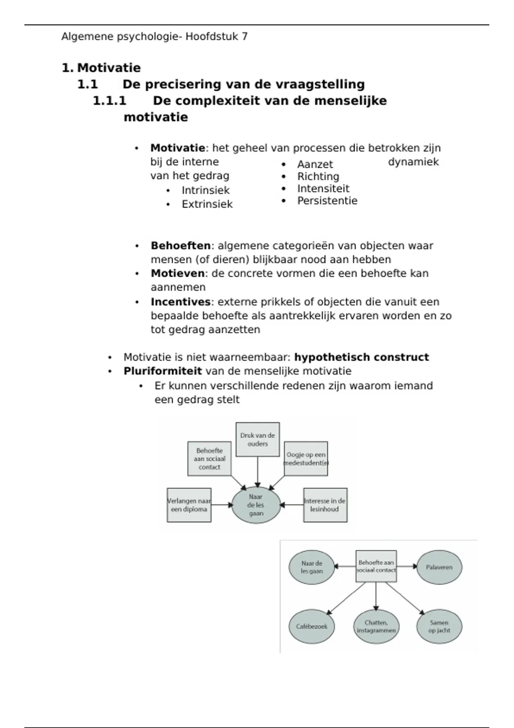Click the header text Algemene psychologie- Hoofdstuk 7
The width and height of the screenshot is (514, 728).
[x=154, y=37]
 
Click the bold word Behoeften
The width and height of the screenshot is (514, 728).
[x=180, y=246]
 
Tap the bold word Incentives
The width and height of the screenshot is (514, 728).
[x=180, y=302]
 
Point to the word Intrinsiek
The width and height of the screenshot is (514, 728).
[x=206, y=190]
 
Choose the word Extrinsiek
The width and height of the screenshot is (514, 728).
[x=207, y=204]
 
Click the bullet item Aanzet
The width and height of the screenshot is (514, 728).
[x=315, y=164]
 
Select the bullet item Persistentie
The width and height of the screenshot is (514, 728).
[x=327, y=201]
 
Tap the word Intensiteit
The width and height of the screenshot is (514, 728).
[x=323, y=189]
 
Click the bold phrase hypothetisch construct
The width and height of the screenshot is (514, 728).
[x=362, y=357]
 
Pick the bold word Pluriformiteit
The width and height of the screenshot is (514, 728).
[x=162, y=371]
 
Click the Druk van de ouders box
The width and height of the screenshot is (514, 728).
[x=257, y=439]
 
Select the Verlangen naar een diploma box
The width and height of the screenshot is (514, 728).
[x=189, y=505]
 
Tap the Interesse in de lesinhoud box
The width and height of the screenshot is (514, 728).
[x=325, y=505]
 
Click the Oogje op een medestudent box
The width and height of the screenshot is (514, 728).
[x=306, y=459]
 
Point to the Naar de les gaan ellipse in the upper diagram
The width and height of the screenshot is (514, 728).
[x=256, y=505]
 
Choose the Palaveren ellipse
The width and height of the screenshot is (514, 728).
[x=439, y=567]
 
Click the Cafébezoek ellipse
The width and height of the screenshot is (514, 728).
[x=311, y=626]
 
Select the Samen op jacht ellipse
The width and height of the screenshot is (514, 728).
[x=439, y=626]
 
